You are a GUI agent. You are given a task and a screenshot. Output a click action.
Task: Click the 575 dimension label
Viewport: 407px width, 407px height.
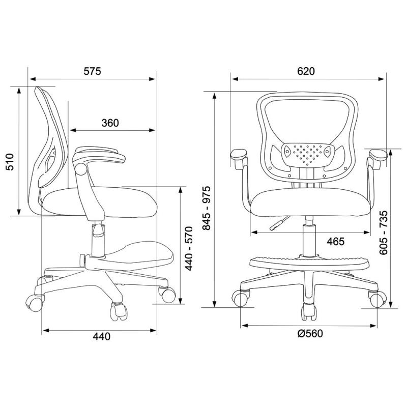pos(92,71)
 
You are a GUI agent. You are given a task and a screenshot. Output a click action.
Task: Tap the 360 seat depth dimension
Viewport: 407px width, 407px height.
pos(110,123)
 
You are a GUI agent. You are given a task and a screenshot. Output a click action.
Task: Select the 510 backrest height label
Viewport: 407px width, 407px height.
pos(10,162)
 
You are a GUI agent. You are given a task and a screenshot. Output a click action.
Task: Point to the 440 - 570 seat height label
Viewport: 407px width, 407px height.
pos(189,248)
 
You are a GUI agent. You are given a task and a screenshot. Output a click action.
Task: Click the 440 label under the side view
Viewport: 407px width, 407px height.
pos(102,336)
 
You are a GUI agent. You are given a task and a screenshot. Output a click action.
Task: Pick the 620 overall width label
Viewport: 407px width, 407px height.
pos(306,71)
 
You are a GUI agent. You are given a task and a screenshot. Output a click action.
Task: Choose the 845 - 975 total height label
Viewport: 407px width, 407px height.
pos(207,208)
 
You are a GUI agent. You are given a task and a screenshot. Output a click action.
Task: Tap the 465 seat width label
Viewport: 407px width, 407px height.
pos(336,241)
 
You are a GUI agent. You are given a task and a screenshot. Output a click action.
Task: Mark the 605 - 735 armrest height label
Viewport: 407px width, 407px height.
pos(383,232)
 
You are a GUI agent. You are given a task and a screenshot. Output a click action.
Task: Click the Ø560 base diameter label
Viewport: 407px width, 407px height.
pos(310,333)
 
